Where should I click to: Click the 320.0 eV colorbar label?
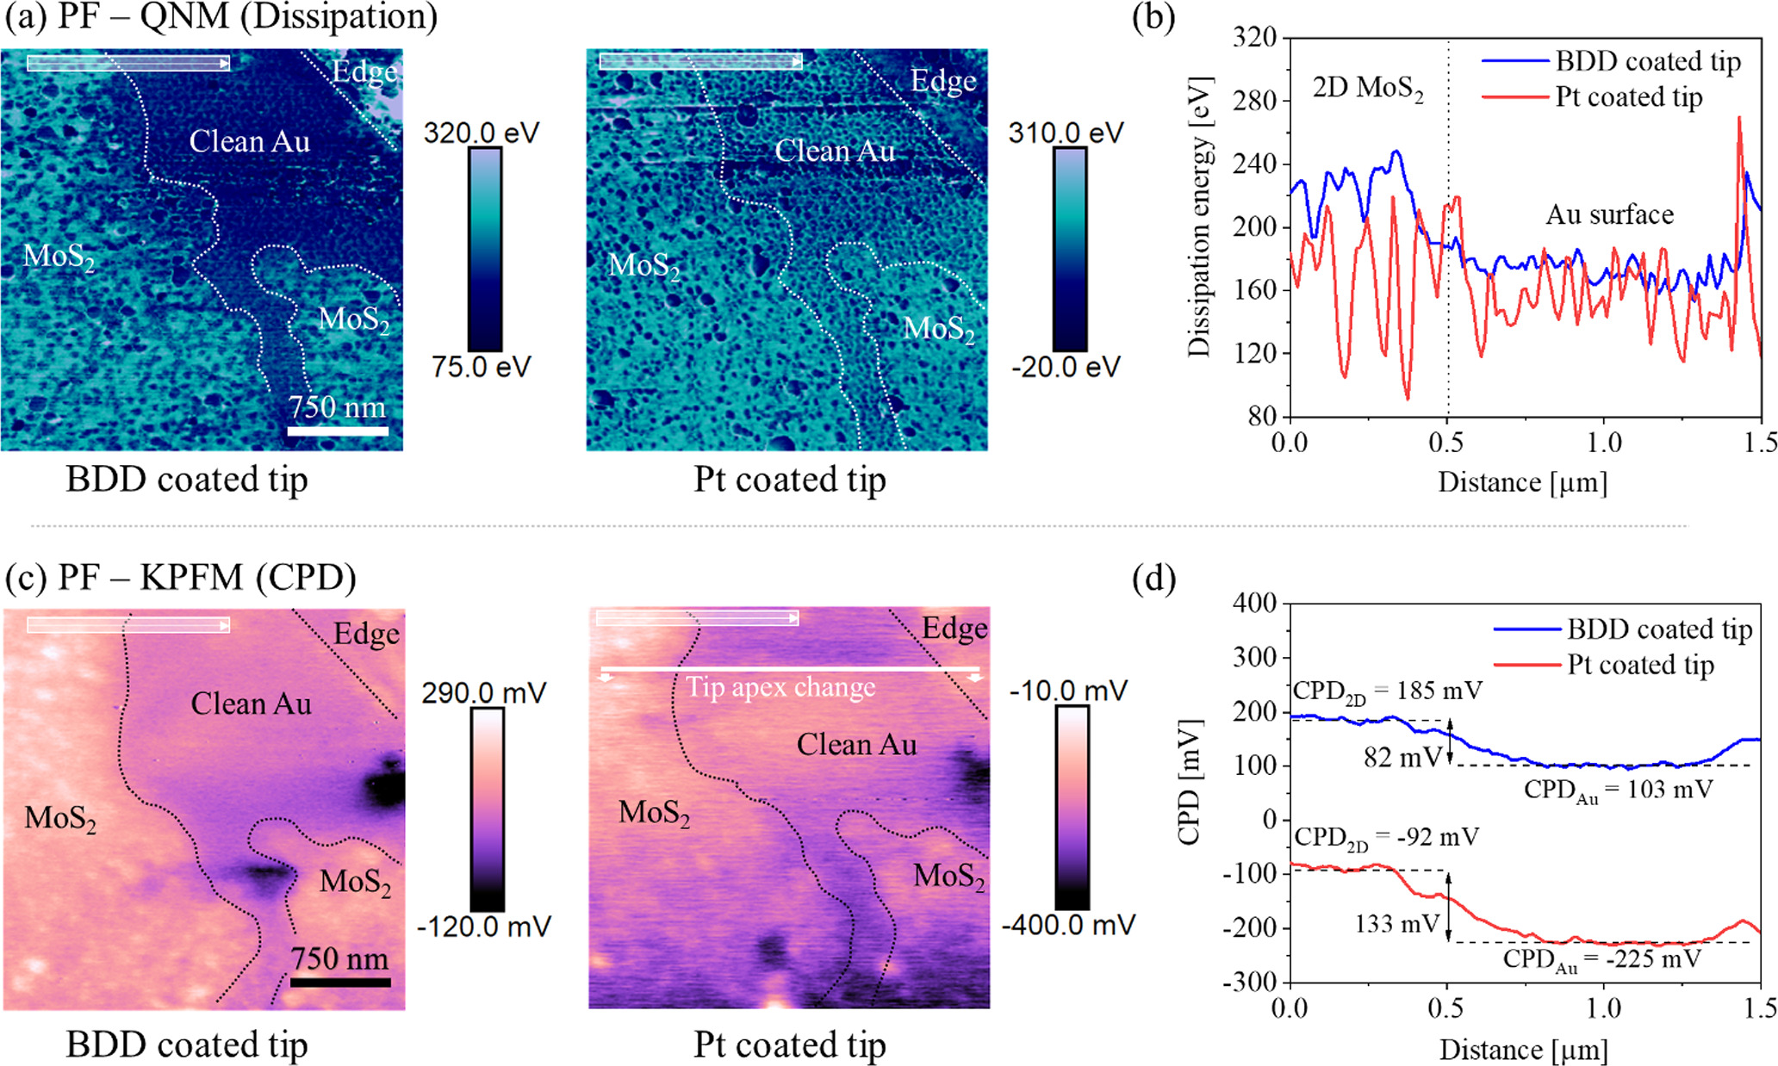(x=481, y=133)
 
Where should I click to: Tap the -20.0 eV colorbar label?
(x=1066, y=368)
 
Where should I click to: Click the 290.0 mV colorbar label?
(x=483, y=693)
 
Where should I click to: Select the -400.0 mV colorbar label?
(x=1068, y=926)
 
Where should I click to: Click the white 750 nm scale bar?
(x=338, y=430)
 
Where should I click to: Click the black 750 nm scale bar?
(x=340, y=981)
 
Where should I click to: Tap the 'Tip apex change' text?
(x=780, y=687)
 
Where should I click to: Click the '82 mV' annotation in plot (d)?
(x=1402, y=757)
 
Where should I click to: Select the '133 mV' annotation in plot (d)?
(x=1396, y=924)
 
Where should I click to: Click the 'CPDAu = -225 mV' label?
(x=1602, y=959)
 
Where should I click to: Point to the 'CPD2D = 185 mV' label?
(x=1387, y=691)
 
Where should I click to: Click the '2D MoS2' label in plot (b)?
(x=1367, y=89)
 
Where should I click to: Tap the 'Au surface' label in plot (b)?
(x=1609, y=214)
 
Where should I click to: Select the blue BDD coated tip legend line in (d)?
(x=1526, y=629)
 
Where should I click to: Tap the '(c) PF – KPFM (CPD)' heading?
(x=181, y=577)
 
